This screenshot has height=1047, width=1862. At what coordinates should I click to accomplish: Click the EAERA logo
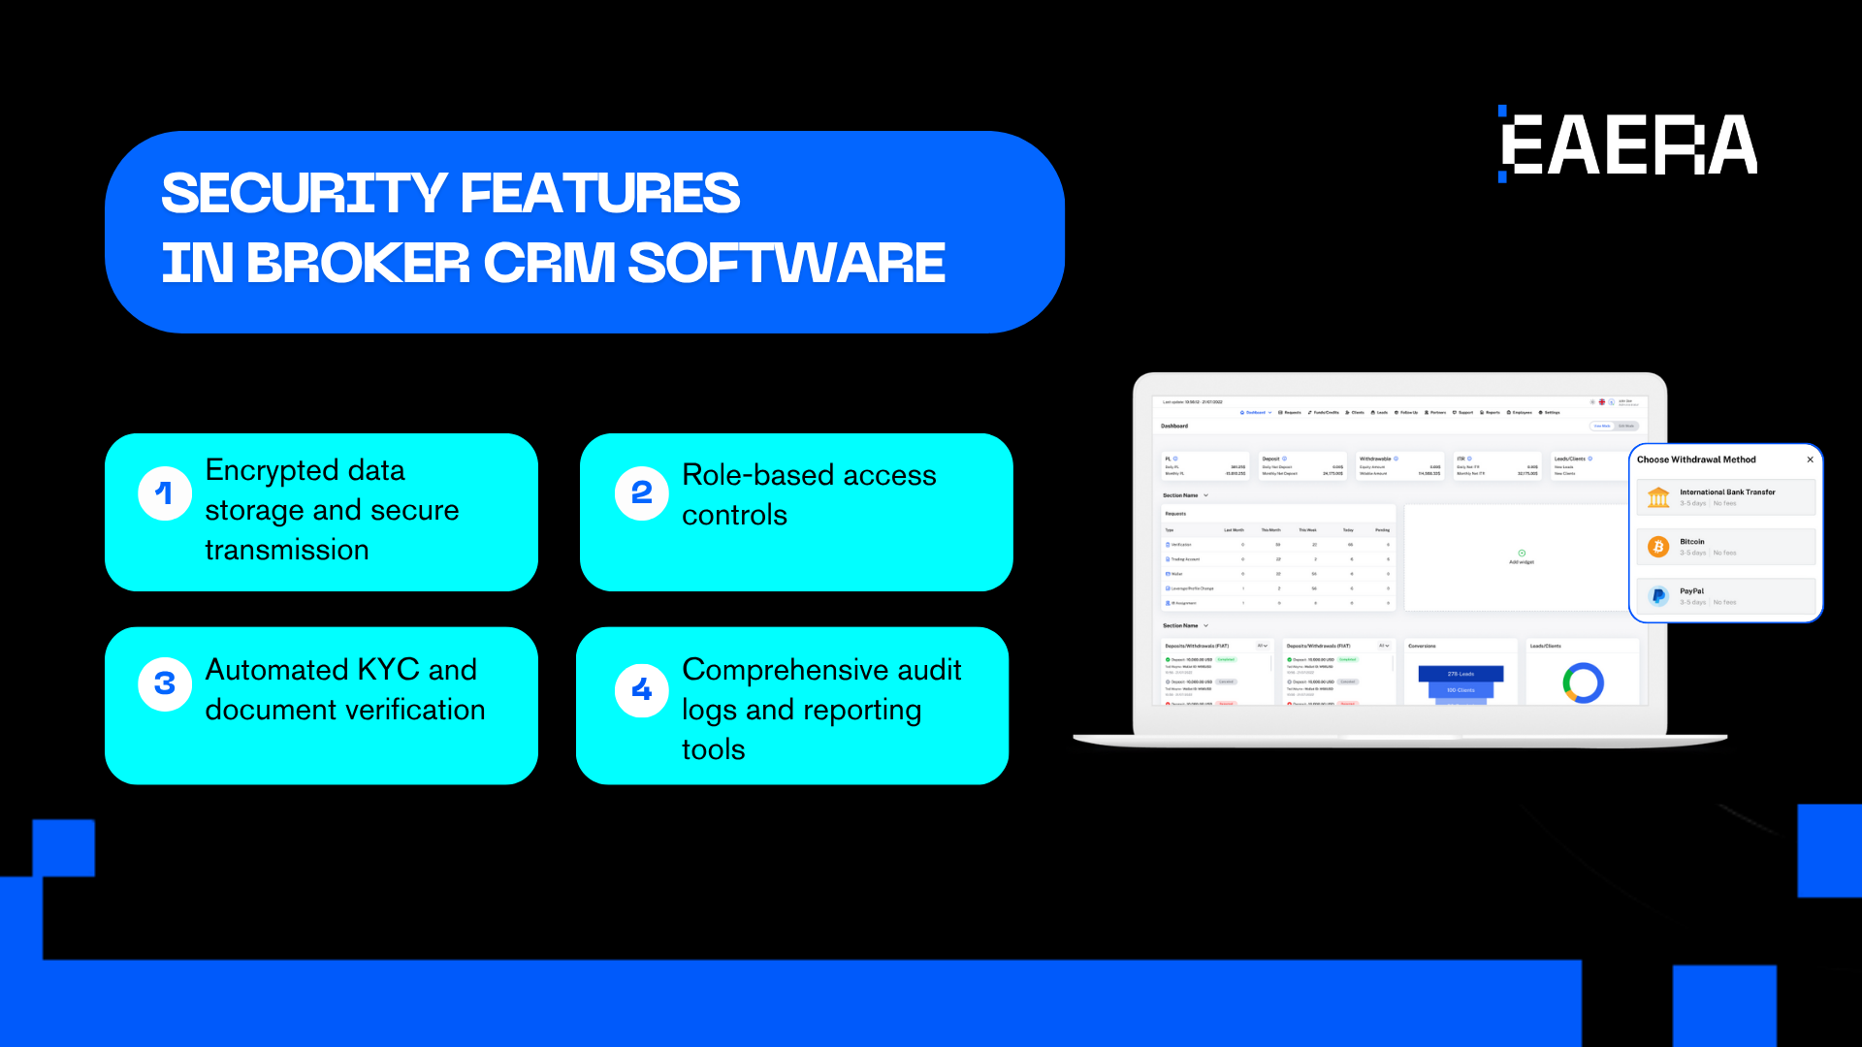point(1628,145)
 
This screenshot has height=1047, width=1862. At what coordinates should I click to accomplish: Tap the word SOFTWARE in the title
point(787,263)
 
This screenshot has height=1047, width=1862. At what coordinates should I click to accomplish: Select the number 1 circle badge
point(165,493)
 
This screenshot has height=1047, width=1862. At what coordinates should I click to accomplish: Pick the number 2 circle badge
point(641,493)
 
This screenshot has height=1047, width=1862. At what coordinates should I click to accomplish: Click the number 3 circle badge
point(165,684)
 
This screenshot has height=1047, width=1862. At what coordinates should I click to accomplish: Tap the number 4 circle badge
point(641,690)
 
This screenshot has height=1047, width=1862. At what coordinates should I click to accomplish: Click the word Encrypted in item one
point(271,471)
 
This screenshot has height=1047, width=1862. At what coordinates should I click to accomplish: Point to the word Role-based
point(757,475)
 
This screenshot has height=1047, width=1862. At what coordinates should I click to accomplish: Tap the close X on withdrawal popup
point(1810,460)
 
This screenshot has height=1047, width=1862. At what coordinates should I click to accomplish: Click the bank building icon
point(1658,497)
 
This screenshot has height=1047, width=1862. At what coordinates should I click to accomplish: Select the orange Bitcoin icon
point(1658,547)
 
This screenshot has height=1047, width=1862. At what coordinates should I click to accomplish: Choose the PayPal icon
point(1658,596)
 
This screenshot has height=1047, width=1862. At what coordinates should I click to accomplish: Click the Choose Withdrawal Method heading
point(1696,460)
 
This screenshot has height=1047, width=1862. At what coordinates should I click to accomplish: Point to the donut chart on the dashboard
point(1583,682)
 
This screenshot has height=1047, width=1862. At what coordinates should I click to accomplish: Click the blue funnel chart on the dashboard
point(1461,681)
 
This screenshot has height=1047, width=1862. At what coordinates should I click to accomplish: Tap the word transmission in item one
point(287,551)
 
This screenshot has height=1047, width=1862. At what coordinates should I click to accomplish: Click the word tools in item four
point(714,750)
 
